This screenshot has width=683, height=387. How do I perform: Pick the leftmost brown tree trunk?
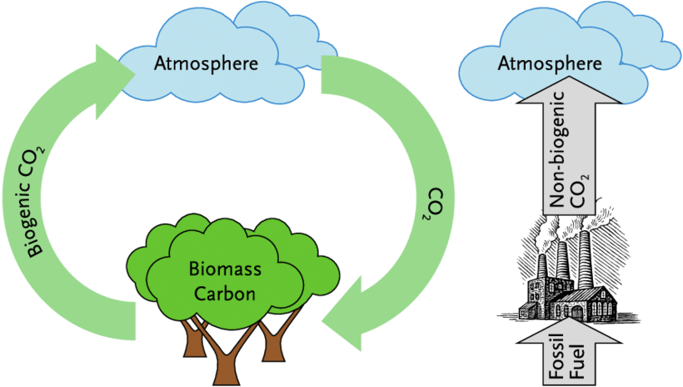[x=192, y=339]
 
